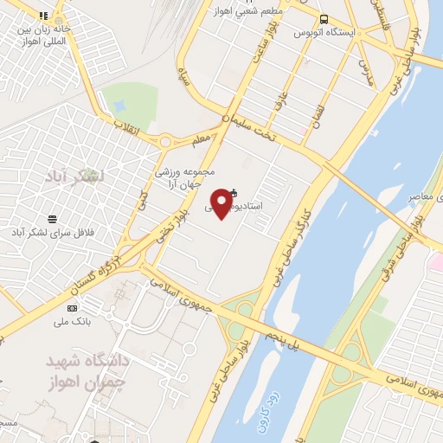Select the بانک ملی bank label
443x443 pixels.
[72, 323]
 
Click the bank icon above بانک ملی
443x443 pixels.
[72, 309]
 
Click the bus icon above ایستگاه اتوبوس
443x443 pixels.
[324, 19]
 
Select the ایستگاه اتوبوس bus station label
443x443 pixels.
[324, 33]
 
